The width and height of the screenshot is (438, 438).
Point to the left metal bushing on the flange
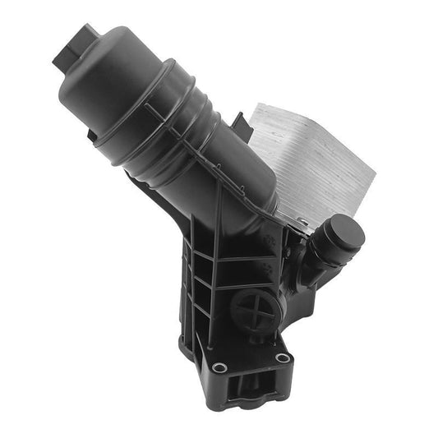(x=219, y=366)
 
